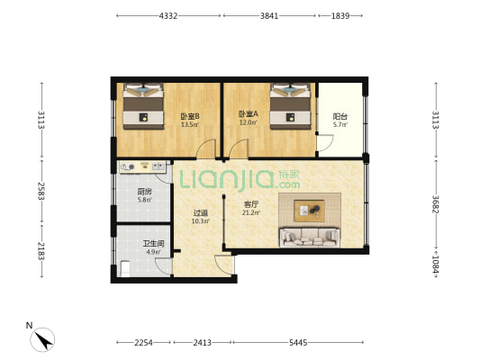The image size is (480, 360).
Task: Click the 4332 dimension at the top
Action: click(168, 15)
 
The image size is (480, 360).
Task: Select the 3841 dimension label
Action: click(269, 15)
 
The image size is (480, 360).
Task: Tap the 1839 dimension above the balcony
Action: click(340, 15)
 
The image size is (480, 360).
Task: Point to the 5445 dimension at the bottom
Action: click(298, 343)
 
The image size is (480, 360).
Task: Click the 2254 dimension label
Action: click(143, 343)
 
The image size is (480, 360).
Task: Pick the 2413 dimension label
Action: click(202, 343)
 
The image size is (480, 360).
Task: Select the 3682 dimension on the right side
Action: click(435, 204)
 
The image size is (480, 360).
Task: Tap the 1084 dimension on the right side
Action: click(435, 265)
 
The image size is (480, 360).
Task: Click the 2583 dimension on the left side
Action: click(41, 191)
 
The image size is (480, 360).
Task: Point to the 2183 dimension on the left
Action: click(41, 251)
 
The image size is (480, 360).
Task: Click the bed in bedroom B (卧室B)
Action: click(143, 106)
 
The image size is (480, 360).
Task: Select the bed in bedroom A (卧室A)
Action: click(290, 106)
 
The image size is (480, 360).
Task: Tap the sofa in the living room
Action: click(310, 238)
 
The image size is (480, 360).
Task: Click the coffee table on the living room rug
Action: click(309, 211)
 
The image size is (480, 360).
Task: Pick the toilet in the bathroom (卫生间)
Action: click(125, 268)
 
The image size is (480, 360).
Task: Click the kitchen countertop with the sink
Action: click(142, 167)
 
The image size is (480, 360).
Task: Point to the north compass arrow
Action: click(43, 340)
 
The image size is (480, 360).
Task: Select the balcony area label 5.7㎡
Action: click(340, 124)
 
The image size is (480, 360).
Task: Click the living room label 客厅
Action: click(251, 204)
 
